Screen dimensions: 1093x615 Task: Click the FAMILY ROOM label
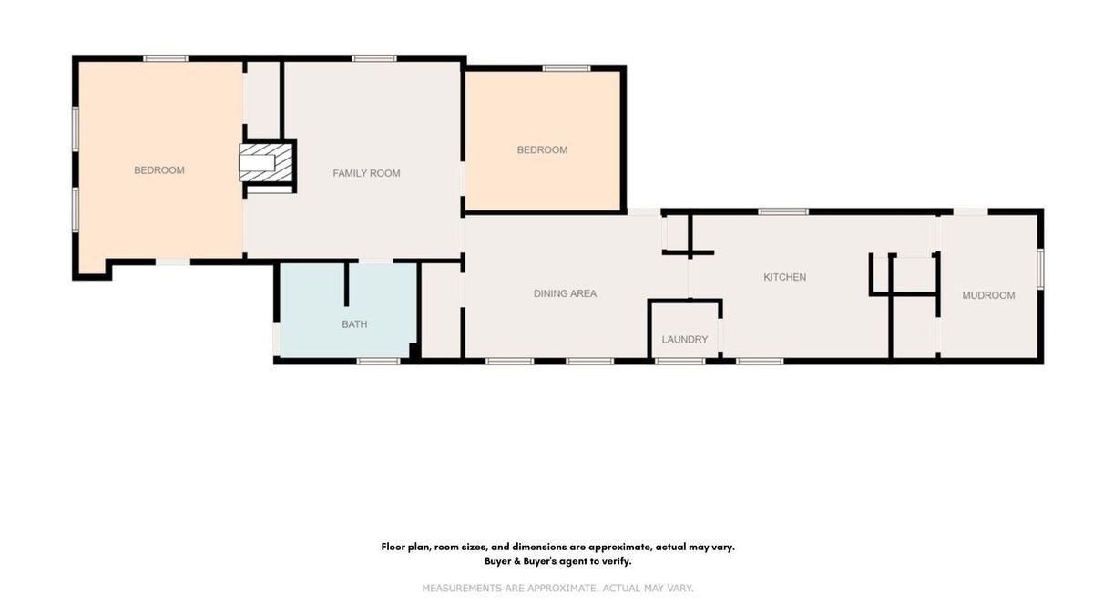pos(366,173)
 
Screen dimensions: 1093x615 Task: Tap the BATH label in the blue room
pos(354,324)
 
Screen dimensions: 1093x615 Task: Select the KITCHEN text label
pos(784,277)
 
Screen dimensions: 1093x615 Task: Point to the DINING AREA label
pos(565,293)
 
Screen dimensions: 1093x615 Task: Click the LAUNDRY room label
pos(685,340)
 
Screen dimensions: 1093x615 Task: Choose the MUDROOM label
pos(988,295)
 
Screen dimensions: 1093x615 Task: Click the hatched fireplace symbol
pos(266,162)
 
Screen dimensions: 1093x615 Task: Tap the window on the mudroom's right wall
pos(1040,269)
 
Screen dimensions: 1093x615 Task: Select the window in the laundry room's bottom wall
pos(679,361)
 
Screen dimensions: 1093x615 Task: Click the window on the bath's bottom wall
pos(378,361)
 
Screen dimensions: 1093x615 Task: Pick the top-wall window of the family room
pos(374,58)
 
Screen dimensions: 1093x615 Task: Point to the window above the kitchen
pos(783,211)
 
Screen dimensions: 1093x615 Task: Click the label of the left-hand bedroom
pos(159,170)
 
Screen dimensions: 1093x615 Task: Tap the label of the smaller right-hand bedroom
pos(542,149)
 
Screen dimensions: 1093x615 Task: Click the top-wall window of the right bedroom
pos(567,68)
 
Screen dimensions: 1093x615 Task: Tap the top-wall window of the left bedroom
pos(166,58)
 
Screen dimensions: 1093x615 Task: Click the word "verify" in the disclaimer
pos(616,561)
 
